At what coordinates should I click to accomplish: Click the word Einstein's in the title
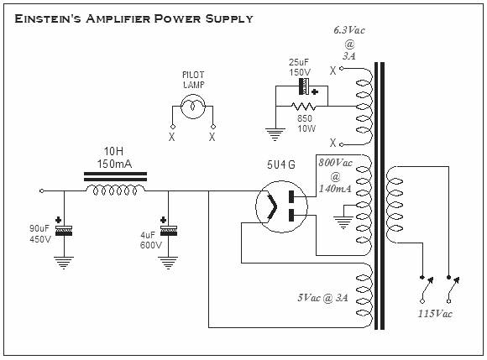pos(48,19)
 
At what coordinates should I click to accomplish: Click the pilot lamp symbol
pos(193,107)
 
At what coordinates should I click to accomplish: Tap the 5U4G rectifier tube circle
pos(281,206)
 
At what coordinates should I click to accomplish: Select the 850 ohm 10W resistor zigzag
pos(303,107)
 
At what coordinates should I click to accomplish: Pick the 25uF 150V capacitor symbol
pos(304,86)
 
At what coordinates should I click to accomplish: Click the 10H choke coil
pos(115,190)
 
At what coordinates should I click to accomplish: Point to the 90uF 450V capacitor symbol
pos(64,231)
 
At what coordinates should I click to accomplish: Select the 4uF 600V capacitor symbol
pos(168,231)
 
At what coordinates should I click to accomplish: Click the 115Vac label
pos(435,314)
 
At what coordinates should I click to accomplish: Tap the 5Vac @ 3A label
pos(322,298)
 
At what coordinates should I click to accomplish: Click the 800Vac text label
pos(335,163)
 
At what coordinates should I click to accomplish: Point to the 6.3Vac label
pos(349,30)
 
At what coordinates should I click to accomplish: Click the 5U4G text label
pos(281,164)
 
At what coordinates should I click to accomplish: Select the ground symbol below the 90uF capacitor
pos(64,263)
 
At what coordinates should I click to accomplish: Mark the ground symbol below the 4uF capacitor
pos(168,263)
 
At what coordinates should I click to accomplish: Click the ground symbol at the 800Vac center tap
pos(343,222)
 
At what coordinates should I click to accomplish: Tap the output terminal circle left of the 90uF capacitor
pos(42,190)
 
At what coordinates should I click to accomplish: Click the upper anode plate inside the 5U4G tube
pos(291,196)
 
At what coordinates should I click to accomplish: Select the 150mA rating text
pos(114,164)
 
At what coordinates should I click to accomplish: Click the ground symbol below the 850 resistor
pos(275,135)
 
